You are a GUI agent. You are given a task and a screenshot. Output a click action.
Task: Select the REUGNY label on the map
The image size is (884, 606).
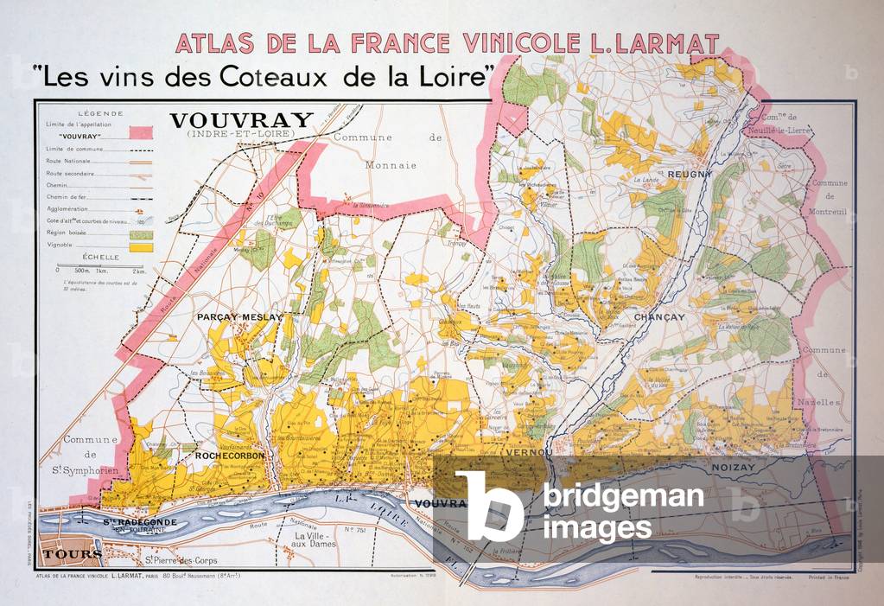coord(689,174)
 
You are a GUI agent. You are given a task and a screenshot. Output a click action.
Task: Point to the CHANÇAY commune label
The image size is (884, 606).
coord(658,317)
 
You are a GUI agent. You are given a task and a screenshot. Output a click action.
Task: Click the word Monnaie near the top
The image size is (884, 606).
coord(391,164)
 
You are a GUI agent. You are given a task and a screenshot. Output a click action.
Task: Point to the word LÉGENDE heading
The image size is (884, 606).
coord(100,113)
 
